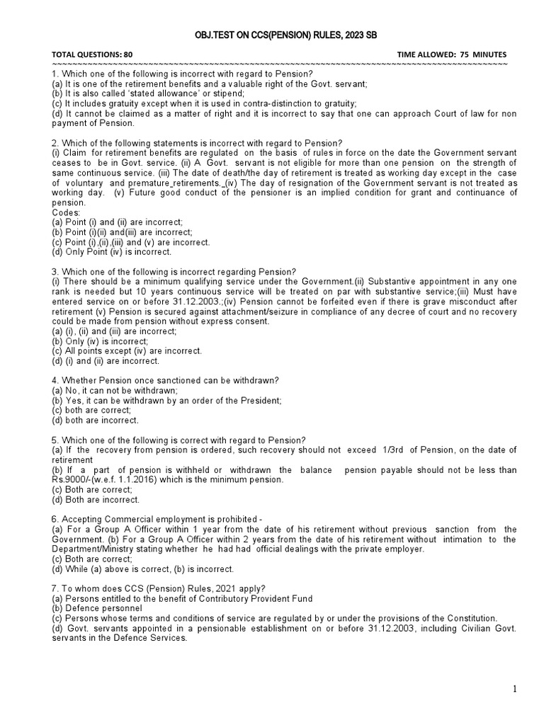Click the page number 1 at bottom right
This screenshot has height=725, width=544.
(516, 689)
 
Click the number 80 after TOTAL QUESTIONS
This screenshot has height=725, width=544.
(127, 55)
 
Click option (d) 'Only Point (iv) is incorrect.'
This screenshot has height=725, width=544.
(111, 252)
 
